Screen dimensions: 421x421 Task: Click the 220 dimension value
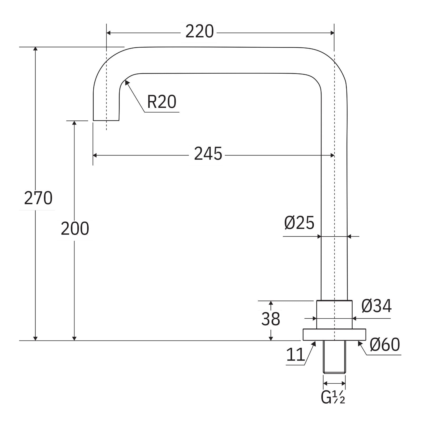(199, 32)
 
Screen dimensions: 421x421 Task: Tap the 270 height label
(38, 198)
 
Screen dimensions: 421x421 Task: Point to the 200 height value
(75, 229)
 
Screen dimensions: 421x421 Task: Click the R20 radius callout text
(162, 102)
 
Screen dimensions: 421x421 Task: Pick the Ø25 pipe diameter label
(299, 223)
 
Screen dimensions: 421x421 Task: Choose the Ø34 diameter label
(376, 306)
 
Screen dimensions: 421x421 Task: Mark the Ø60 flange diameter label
(385, 345)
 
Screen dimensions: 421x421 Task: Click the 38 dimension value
(270, 319)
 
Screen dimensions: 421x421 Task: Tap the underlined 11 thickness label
(295, 355)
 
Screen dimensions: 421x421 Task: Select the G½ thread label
(333, 398)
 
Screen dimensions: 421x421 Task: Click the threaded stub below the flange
(334, 357)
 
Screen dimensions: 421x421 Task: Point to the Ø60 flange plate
(334, 335)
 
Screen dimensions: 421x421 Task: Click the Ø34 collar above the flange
(334, 315)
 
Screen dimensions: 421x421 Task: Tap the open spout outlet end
(106, 120)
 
